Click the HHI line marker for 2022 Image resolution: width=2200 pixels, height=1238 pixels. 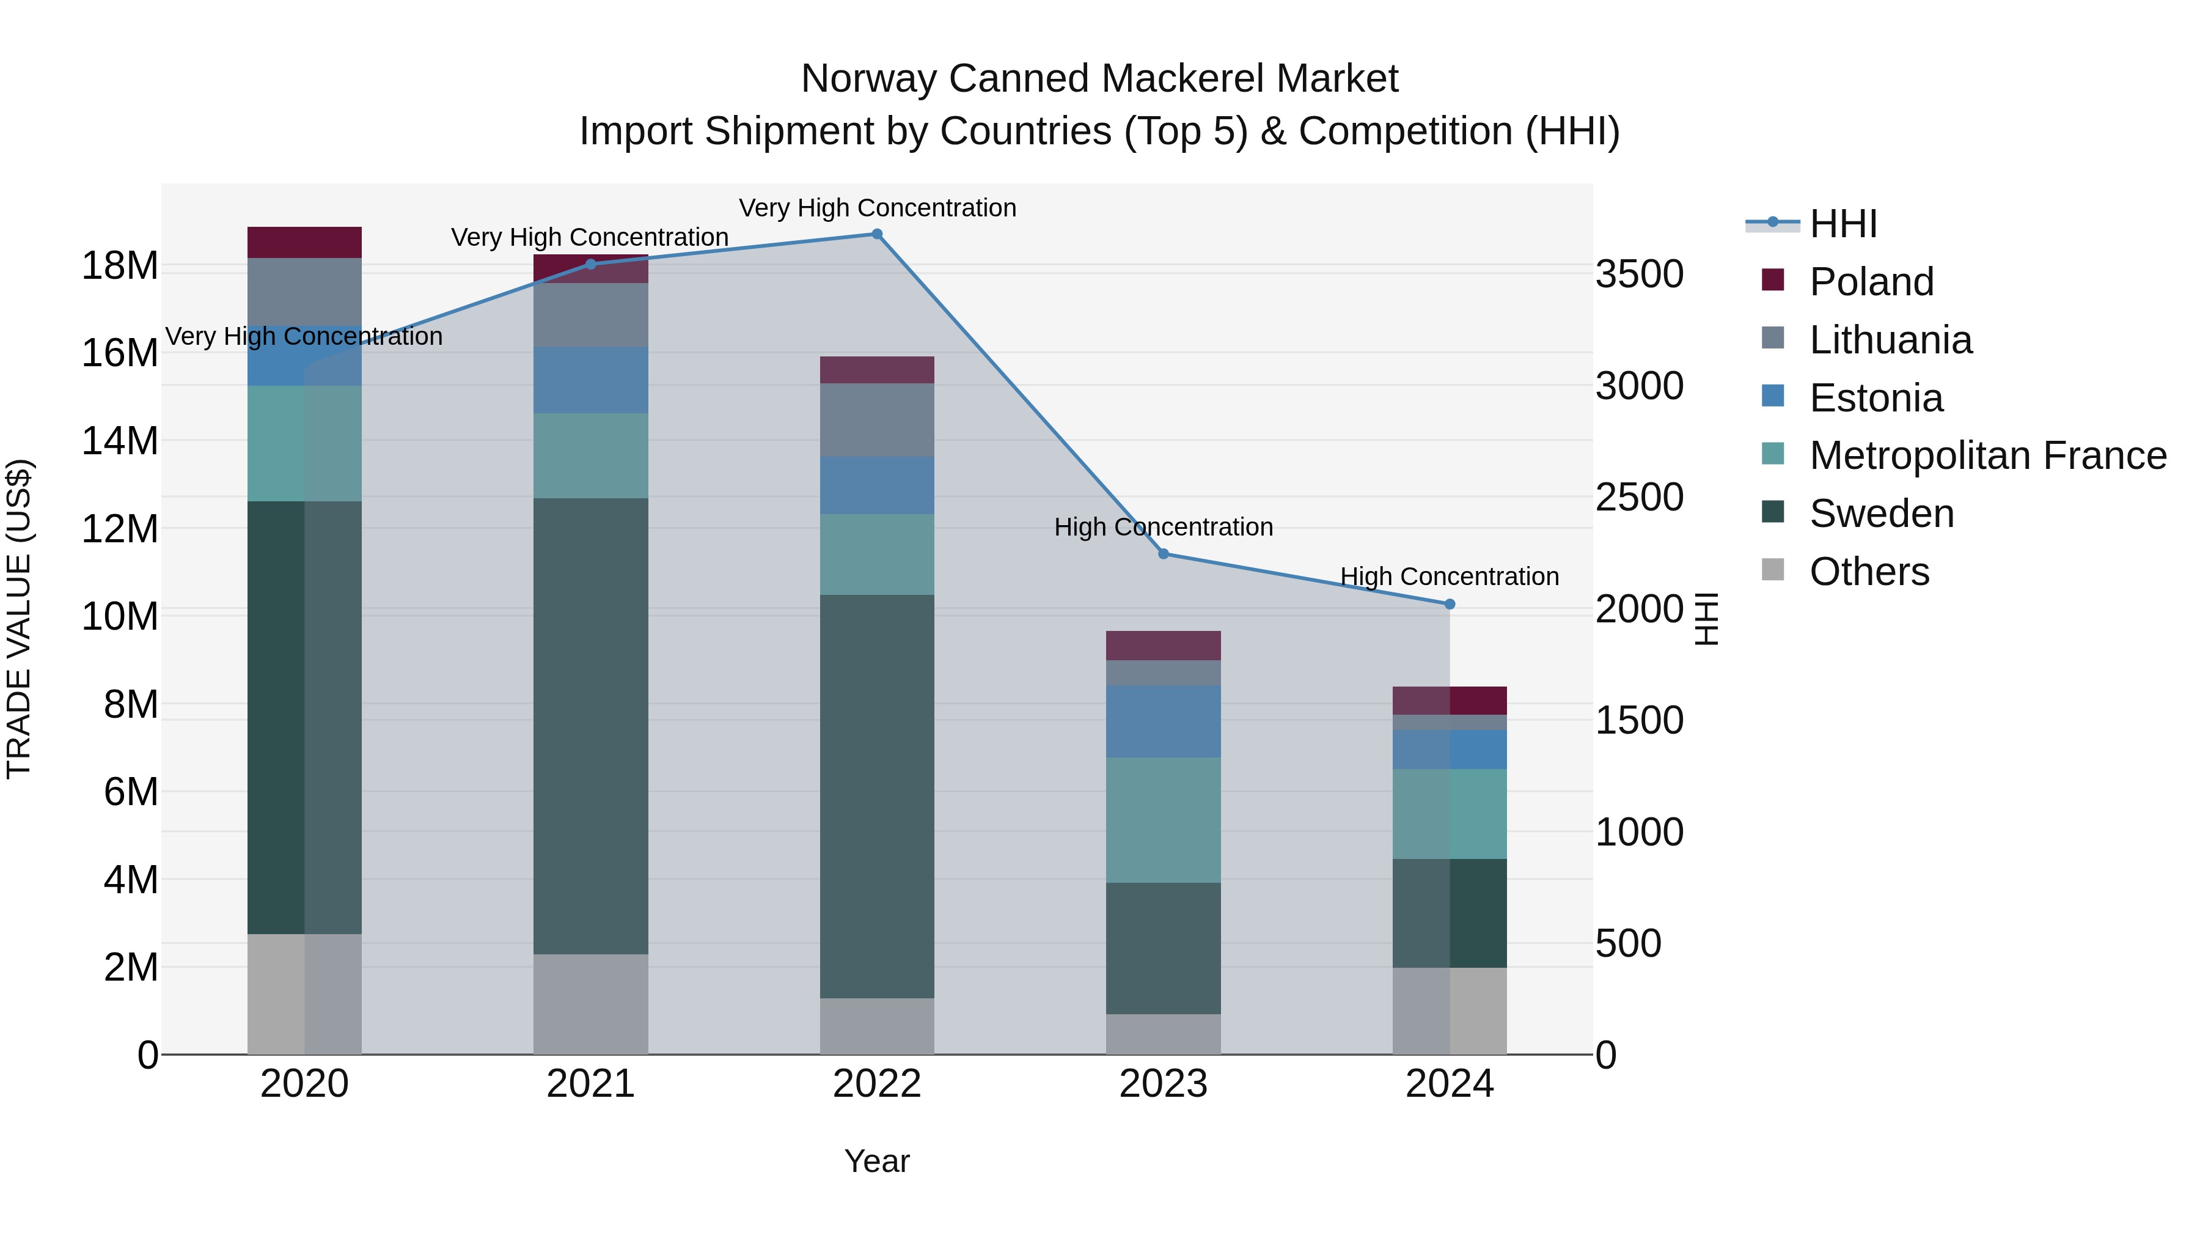[876, 234]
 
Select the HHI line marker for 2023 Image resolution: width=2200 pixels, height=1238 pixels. [1163, 554]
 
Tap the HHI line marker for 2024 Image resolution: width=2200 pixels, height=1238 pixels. [1450, 604]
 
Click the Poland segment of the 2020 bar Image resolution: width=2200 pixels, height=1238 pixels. [304, 243]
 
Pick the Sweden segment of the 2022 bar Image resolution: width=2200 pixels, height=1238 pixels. [876, 795]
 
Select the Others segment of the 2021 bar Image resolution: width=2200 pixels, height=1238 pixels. [590, 1004]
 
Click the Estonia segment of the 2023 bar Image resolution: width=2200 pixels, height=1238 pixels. [1163, 721]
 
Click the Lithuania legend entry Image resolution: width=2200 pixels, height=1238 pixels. [1890, 340]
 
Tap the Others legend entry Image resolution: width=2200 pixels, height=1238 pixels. [1869, 572]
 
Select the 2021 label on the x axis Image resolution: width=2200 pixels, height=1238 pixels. [590, 1084]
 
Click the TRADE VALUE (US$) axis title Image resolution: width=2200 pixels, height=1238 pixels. [19, 619]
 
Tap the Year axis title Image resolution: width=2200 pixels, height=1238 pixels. [876, 1161]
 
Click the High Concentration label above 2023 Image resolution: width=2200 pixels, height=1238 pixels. [1163, 527]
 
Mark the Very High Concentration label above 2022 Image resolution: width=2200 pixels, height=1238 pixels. [876, 208]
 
